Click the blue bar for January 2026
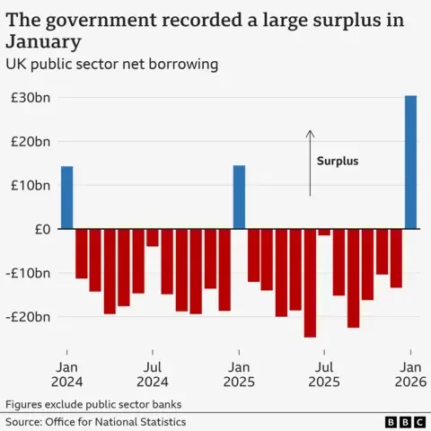(x=410, y=162)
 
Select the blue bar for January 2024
(x=66, y=198)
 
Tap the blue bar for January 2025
(x=239, y=198)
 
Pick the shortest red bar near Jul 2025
(x=324, y=233)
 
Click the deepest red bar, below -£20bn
(x=310, y=283)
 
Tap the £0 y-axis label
(x=40, y=229)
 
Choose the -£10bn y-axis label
(x=27, y=273)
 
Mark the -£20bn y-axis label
(x=27, y=317)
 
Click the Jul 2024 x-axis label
(x=153, y=374)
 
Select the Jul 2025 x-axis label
(x=324, y=374)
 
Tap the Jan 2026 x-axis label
(x=410, y=374)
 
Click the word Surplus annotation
(x=338, y=162)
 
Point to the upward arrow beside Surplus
(x=310, y=162)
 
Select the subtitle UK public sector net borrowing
(x=112, y=65)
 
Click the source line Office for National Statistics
(x=95, y=421)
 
